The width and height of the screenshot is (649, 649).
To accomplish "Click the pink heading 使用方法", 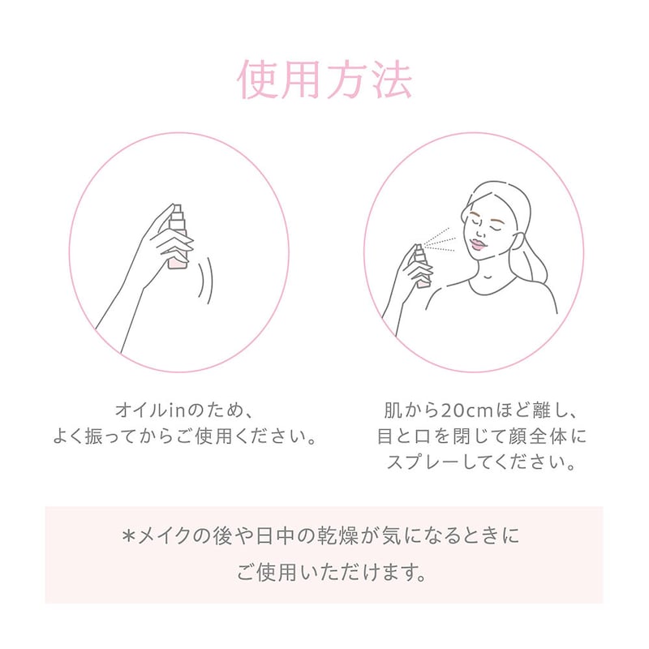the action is click(x=324, y=80).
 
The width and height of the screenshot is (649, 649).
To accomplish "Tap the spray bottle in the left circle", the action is click(x=178, y=237).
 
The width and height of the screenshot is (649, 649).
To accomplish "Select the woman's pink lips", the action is click(x=478, y=244).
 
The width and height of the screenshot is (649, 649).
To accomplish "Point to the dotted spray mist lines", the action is click(x=440, y=240).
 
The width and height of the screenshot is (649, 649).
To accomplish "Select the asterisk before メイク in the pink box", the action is click(x=129, y=536).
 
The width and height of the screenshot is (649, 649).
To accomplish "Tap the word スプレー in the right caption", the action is click(x=423, y=462).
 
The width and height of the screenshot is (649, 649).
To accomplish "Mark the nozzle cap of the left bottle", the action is click(x=178, y=210).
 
